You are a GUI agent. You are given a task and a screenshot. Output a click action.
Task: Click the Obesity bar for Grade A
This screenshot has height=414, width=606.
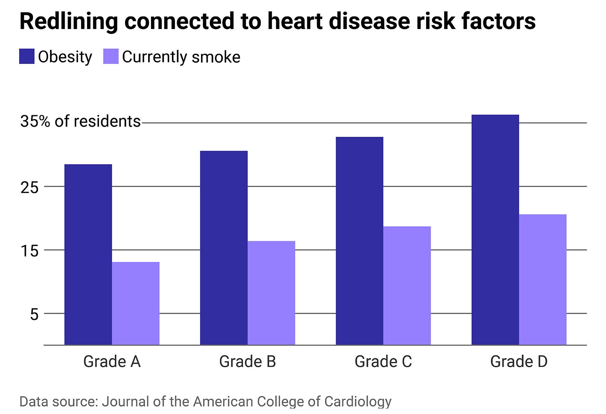pyautogui.click(x=88, y=254)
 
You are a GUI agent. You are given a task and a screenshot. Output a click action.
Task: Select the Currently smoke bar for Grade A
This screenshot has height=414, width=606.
pyautogui.click(x=136, y=303)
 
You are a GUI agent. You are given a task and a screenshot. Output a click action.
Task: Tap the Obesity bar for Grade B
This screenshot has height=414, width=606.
pyautogui.click(x=224, y=248)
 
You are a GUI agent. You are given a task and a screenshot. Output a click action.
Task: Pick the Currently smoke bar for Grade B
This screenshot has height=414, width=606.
pyautogui.click(x=271, y=293)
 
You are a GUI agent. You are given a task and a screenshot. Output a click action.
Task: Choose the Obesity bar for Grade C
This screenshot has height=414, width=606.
pyautogui.click(x=359, y=241)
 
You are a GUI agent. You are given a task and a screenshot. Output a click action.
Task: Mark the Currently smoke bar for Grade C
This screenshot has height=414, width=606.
pyautogui.click(x=407, y=285)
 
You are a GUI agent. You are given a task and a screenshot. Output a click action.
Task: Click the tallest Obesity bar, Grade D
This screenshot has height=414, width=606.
pyautogui.click(x=495, y=230)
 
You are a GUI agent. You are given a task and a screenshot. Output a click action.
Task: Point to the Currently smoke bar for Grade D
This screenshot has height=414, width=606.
pyautogui.click(x=542, y=280)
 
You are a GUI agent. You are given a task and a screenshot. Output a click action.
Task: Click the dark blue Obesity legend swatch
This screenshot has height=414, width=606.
pyautogui.click(x=27, y=56)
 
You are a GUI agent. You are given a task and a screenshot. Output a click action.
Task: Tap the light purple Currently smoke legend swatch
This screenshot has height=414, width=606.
pyautogui.click(x=111, y=56)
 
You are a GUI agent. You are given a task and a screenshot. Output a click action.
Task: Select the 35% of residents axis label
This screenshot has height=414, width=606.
pyautogui.click(x=80, y=122)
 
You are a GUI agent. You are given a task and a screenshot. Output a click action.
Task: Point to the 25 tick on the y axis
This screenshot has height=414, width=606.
pyautogui.click(x=30, y=187)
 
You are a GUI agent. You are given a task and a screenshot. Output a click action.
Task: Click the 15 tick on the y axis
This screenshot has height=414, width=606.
pyautogui.click(x=30, y=251)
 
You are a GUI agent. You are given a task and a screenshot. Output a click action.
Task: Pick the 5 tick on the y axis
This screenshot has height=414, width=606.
pyautogui.click(x=34, y=314)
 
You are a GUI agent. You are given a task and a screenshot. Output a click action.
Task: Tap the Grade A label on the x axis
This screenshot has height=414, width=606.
pyautogui.click(x=112, y=361)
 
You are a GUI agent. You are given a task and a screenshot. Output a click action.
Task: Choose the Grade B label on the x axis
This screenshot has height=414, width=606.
pyautogui.click(x=247, y=361)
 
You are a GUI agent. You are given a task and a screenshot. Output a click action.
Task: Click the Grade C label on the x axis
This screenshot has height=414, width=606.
pyautogui.click(x=383, y=361)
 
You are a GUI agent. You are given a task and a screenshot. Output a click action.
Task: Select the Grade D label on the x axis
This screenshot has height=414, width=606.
pyautogui.click(x=519, y=361)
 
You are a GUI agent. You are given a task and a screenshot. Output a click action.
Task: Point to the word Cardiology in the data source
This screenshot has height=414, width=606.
pyautogui.click(x=357, y=401)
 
